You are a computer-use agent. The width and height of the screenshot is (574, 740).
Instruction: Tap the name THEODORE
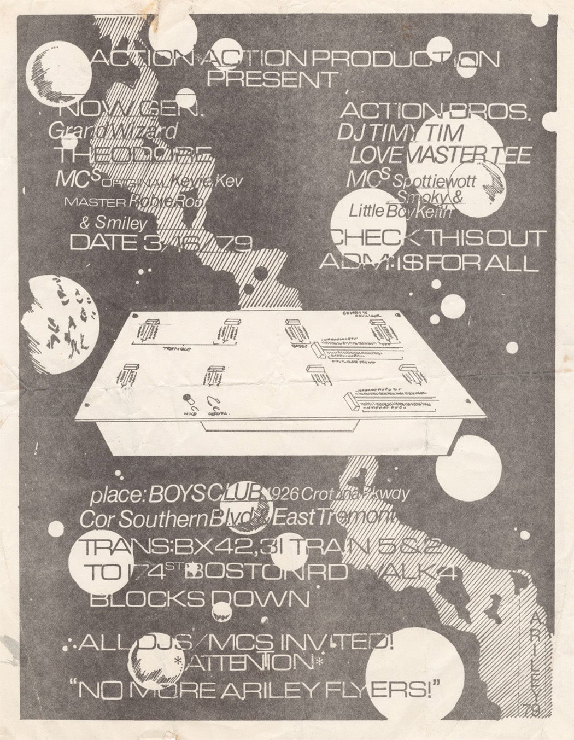[140, 156]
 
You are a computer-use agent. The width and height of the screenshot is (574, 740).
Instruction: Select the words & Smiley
[122, 223]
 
